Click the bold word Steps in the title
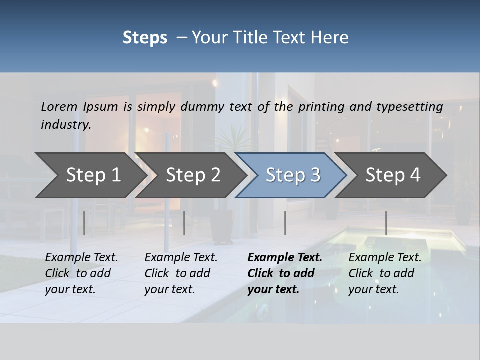(145, 38)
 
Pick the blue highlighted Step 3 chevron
(293, 175)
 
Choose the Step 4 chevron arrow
(393, 175)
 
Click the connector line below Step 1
(84, 223)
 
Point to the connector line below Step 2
(184, 223)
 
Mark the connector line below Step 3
(285, 223)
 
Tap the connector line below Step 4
(386, 223)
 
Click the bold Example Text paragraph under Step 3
(285, 273)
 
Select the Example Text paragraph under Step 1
(81, 273)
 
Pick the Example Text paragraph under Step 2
(181, 273)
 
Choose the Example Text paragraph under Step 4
(385, 273)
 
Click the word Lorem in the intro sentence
(59, 106)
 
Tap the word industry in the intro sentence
(66, 124)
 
